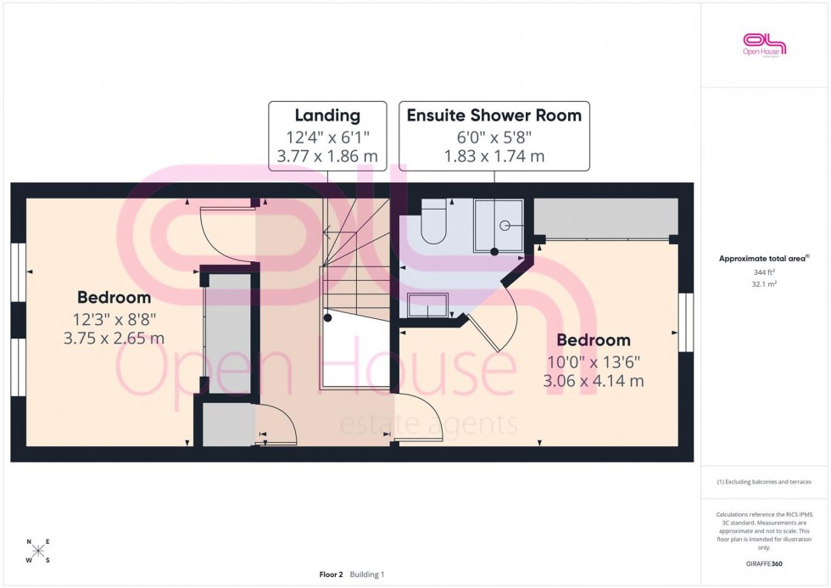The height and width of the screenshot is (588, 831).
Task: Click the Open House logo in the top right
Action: coord(765,44)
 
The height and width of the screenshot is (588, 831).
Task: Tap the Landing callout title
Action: coord(326,115)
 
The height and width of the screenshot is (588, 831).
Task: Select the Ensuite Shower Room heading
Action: coord(494,115)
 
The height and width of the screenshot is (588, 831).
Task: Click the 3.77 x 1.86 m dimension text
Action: coord(326,156)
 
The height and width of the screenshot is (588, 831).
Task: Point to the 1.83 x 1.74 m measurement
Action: coord(494,156)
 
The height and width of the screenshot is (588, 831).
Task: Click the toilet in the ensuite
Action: coord(433,221)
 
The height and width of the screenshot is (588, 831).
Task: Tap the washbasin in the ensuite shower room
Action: coord(428,305)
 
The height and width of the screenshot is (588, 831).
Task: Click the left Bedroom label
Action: coord(114,298)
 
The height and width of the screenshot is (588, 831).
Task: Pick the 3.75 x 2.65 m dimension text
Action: coord(114,338)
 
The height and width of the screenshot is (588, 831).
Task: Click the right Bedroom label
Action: coord(594,340)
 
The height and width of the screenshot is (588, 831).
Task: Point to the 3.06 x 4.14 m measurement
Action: coord(594,381)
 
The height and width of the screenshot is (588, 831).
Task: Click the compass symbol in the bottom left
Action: coord(38,551)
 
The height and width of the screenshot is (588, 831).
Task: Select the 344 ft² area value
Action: coord(765,272)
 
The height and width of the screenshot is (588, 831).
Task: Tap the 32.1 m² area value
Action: coord(765,284)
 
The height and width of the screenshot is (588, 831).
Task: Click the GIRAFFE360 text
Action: coord(765,563)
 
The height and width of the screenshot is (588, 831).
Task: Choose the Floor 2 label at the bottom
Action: coord(331,574)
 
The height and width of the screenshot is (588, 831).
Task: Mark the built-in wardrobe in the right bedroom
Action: coord(605,219)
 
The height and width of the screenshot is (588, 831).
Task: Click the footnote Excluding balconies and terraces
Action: coord(765,482)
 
